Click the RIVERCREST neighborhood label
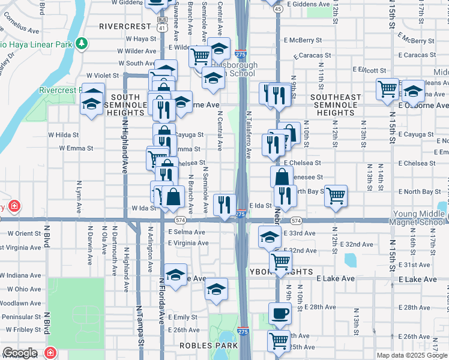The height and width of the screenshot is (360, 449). (125, 26)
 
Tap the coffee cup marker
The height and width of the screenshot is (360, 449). (279, 313)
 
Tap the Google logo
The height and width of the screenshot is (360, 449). (19, 353)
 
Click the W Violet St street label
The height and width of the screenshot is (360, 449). (103, 76)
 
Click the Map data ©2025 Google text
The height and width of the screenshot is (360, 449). (411, 355)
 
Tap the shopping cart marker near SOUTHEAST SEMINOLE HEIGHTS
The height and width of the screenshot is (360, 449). (387, 88)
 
